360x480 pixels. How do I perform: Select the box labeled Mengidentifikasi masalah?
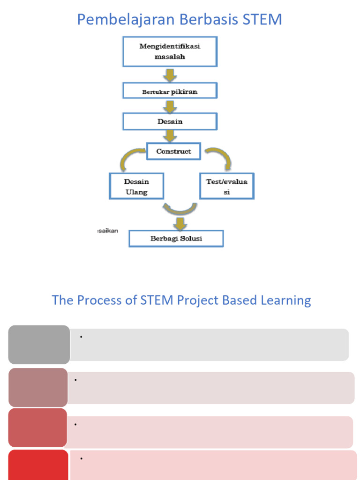point(170,52)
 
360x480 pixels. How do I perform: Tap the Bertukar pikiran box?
point(170,91)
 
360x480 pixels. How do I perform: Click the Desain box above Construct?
point(170,121)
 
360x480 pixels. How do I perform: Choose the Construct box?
point(173,152)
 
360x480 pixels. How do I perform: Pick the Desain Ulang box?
point(136,186)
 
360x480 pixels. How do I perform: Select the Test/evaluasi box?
point(226,186)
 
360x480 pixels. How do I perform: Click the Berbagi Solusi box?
point(176,239)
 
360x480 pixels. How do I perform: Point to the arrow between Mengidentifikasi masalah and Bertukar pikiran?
point(170,75)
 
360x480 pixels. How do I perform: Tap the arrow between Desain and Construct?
point(170,136)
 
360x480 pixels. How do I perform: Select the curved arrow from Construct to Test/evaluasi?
point(219,157)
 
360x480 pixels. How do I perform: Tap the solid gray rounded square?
point(39,345)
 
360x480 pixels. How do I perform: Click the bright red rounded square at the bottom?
point(38,465)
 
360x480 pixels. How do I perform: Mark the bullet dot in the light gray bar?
point(81,337)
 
